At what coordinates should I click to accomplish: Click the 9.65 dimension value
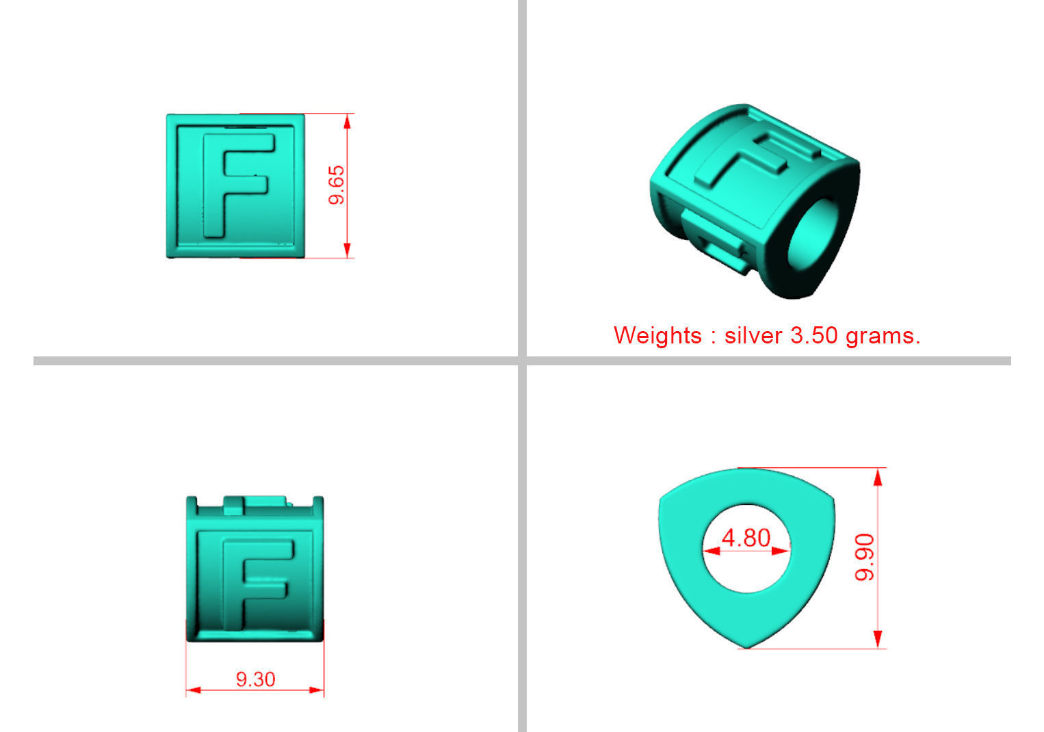point(337,185)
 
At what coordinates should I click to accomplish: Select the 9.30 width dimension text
point(255,679)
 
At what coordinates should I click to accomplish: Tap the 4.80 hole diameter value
point(746,538)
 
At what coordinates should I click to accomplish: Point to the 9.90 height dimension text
point(865,558)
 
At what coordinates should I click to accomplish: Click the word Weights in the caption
point(657,335)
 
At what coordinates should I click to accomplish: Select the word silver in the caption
point(753,335)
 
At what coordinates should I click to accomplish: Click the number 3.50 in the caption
point(814,335)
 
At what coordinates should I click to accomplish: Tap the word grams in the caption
point(882,335)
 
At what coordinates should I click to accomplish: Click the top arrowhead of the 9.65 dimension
point(348,121)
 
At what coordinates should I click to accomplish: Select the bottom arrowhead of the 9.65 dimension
point(348,250)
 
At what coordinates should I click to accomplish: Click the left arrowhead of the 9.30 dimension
point(193,690)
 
